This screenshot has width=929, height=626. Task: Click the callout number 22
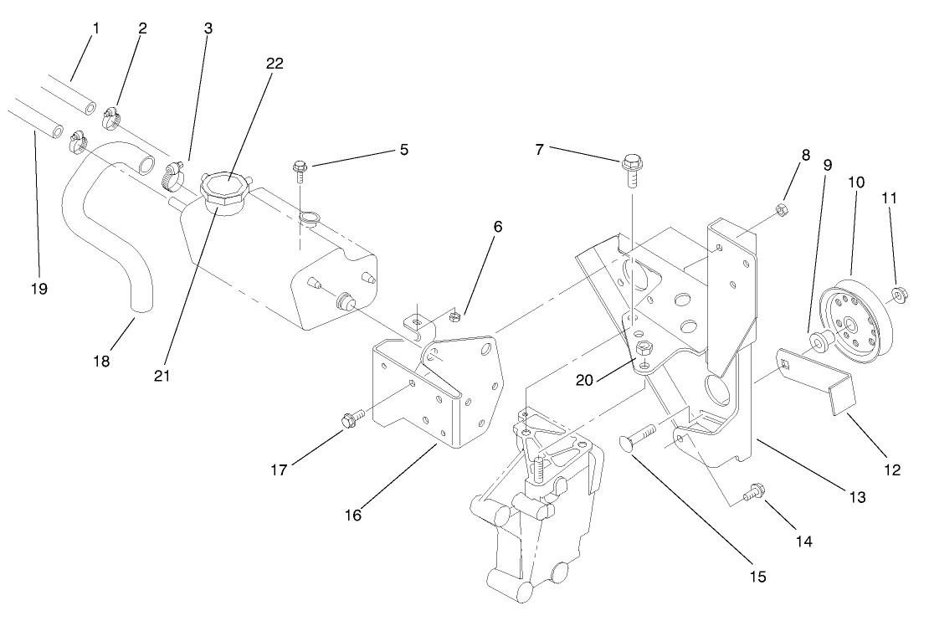pyautogui.click(x=274, y=64)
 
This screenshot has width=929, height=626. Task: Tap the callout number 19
pyautogui.click(x=38, y=289)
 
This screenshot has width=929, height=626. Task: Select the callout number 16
pyautogui.click(x=353, y=515)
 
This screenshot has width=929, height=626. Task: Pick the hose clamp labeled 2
pyautogui.click(x=114, y=119)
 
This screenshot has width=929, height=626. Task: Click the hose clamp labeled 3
pyautogui.click(x=172, y=174)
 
